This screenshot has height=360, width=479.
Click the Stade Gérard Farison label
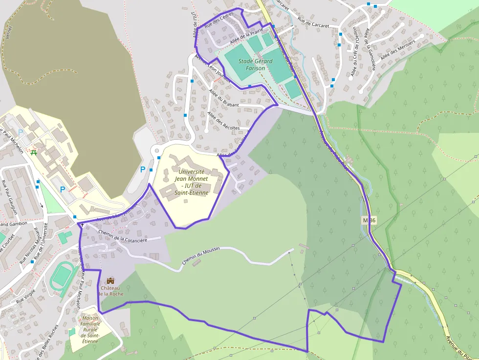(x=252, y=64)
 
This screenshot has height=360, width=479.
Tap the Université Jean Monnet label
(x=192, y=182)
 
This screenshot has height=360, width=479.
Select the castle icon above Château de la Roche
(x=110, y=281)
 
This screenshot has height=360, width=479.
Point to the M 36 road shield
(x=370, y=220)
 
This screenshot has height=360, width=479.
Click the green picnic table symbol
(x=34, y=153)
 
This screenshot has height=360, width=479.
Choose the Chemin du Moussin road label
(x=201, y=256)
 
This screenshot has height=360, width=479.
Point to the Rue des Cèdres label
(x=219, y=21)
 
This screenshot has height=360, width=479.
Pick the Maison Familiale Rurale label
(x=90, y=330)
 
